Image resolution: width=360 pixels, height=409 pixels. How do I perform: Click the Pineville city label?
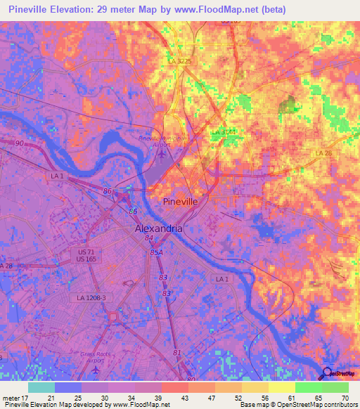181,201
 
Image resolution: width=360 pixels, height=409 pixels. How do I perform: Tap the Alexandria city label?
159,229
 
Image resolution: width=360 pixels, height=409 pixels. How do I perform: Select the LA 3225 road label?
181,62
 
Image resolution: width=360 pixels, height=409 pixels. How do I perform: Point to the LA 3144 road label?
224,131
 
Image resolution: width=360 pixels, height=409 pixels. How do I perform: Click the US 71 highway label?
86,251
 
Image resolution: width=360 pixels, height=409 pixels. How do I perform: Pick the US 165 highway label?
86,259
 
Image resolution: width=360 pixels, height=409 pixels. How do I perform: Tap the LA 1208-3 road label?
91,297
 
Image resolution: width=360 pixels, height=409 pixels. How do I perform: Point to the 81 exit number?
176,352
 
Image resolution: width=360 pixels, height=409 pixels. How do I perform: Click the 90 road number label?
18,143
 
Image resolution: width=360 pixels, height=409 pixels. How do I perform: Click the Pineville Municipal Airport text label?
163,139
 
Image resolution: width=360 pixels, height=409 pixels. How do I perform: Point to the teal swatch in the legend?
41,387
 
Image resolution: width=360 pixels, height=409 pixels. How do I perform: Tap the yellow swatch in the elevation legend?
281,387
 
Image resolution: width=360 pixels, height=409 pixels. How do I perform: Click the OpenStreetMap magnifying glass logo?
326,375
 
